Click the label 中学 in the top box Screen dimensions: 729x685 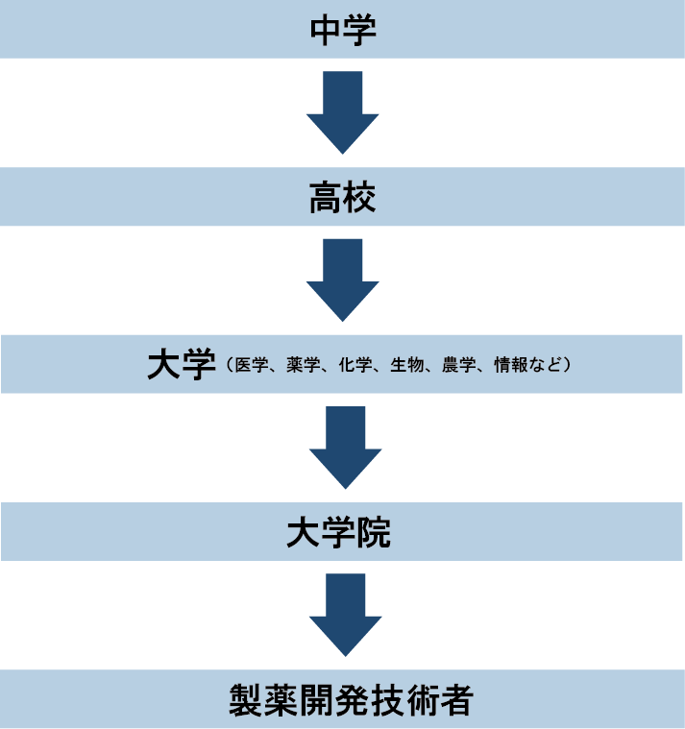342,30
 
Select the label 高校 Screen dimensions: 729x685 342,198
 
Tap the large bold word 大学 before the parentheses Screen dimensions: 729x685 180,365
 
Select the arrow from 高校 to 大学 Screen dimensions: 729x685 342,279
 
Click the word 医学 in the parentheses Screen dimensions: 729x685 248,366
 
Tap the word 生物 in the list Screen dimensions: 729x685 404,366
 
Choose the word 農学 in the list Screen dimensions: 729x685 456,366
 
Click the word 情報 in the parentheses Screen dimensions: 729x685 508,366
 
